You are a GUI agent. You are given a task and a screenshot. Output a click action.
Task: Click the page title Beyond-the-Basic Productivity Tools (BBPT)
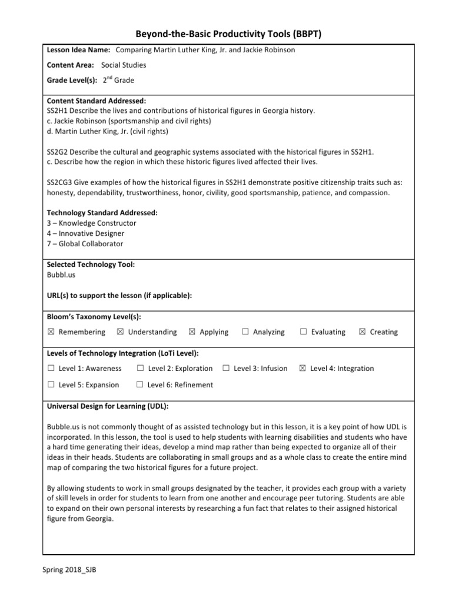coord(225,35)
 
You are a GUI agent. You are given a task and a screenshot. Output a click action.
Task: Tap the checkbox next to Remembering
coord(51,332)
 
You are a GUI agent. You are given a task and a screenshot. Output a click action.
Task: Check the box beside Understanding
coord(120,332)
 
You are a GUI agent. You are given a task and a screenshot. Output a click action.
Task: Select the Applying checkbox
coord(192,332)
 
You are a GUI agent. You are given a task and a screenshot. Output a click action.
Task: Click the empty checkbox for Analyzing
coord(245,332)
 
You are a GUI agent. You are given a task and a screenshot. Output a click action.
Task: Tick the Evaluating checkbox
coord(304,332)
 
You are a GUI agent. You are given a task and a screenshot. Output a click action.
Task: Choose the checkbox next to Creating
coord(362,332)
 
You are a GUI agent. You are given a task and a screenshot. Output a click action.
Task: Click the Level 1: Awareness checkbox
coord(51,369)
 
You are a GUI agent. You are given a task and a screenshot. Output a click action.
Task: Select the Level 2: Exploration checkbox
coord(140,369)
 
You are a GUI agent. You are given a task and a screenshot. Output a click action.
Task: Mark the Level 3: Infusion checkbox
coord(226,369)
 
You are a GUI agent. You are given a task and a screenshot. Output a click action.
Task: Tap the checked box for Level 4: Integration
coord(303,369)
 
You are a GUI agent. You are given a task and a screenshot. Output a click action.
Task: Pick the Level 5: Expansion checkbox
coord(51,385)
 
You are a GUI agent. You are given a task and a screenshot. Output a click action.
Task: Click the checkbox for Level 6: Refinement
coord(140,385)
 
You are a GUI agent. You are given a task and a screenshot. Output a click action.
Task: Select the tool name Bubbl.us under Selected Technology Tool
coord(61,275)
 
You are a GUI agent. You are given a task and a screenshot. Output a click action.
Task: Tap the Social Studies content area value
coord(124,65)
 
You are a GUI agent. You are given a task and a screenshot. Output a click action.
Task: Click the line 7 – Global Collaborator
coord(85,244)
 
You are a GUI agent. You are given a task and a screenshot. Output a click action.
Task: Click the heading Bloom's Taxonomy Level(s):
coord(94,317)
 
